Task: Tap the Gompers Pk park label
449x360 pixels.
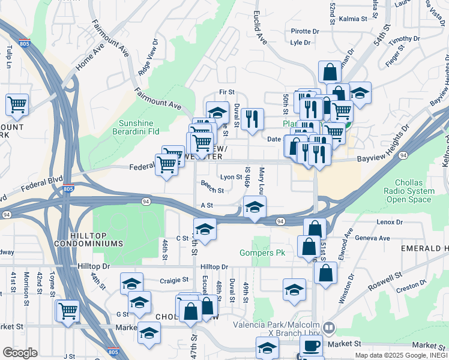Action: coord(262,253)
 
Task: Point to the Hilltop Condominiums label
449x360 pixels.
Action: coord(88,239)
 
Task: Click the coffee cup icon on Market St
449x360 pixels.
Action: coord(311,346)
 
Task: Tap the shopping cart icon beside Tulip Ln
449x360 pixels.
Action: coord(17,104)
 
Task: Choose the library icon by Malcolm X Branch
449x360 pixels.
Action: coord(328,328)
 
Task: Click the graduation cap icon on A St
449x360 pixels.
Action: coord(255,208)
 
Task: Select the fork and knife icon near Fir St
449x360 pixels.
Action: coord(253,118)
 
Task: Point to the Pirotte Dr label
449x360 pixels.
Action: coord(304,31)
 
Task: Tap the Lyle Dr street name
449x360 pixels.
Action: coord(300,43)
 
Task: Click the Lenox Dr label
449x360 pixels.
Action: coord(390,222)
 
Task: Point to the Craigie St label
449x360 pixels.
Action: coord(174,280)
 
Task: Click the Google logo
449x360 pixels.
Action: coord(20,353)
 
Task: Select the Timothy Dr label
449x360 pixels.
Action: coord(403,39)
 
